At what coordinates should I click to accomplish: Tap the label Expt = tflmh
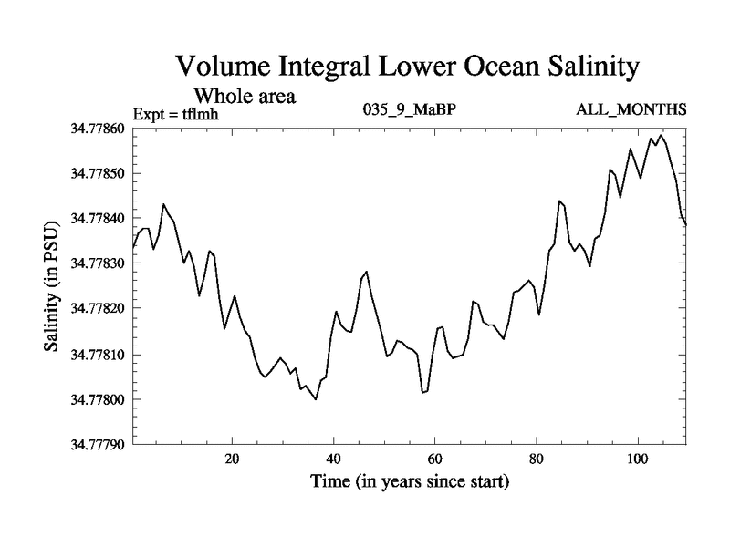tap(177, 114)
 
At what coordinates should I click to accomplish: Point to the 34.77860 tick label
tap(98, 129)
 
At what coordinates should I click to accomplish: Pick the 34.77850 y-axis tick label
tap(98, 173)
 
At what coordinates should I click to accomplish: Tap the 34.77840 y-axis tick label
tap(98, 219)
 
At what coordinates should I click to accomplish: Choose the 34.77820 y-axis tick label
tap(98, 309)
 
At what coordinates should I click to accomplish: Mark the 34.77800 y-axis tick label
tap(98, 399)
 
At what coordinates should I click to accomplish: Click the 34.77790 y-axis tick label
tap(98, 445)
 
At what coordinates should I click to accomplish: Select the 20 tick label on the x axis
tap(233, 458)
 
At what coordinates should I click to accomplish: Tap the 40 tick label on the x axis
tap(334, 458)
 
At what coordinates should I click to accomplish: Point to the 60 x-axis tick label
tap(435, 458)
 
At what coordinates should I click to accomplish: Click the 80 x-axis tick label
tap(537, 458)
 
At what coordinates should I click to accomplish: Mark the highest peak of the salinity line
tap(661, 136)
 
